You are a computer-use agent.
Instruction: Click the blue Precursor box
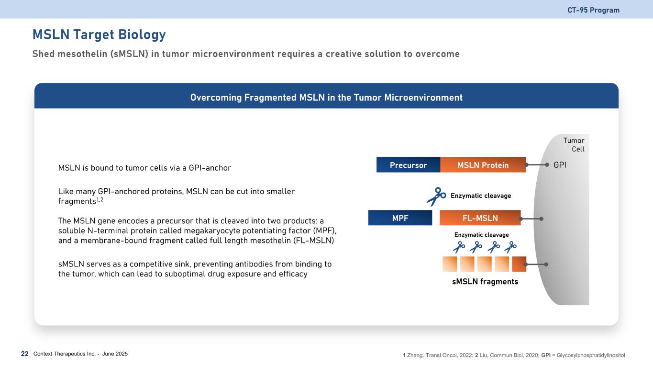pyautogui.click(x=408, y=165)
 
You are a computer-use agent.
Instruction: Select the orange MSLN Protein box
pyautogui.click(x=483, y=165)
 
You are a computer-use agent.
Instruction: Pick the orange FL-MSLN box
pyautogui.click(x=480, y=218)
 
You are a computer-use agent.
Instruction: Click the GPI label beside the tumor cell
pyautogui.click(x=560, y=165)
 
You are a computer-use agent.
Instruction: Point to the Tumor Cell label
pyautogui.click(x=574, y=144)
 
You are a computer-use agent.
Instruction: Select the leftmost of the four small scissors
pyautogui.click(x=459, y=247)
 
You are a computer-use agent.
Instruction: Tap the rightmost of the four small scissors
pyautogui.click(x=510, y=247)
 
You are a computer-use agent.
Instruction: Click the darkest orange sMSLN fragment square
pyautogui.click(x=519, y=264)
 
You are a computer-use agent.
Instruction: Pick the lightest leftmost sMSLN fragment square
pyautogui.click(x=450, y=264)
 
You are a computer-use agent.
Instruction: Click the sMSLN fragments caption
pyautogui.click(x=485, y=282)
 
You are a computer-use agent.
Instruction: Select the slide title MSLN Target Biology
pyautogui.click(x=99, y=34)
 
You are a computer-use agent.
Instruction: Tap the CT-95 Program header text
pyautogui.click(x=593, y=10)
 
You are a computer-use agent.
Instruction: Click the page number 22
pyautogui.click(x=25, y=354)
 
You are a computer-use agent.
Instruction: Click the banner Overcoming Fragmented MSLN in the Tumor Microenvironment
pyautogui.click(x=326, y=98)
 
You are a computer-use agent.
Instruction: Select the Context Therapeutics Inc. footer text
pyautogui.click(x=80, y=354)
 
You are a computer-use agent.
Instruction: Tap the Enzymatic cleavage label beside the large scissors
pyautogui.click(x=481, y=196)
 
